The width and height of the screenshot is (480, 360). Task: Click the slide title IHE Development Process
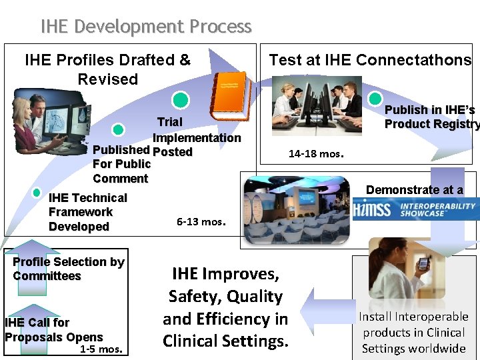[x=146, y=27]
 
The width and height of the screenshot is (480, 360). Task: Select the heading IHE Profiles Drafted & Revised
[x=107, y=69]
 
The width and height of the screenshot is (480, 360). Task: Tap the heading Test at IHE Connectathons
[x=370, y=60]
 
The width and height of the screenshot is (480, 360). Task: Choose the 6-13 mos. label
[x=201, y=221]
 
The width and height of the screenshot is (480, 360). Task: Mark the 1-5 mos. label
[x=101, y=349]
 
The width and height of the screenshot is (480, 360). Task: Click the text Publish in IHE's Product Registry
[x=431, y=117]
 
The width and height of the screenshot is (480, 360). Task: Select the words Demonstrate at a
[x=414, y=190]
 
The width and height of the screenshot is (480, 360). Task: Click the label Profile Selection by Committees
[x=68, y=269]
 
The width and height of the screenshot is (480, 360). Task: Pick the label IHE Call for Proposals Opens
[x=53, y=329]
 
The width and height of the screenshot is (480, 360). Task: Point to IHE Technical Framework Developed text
[x=87, y=212]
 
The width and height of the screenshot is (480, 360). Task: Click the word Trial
[x=169, y=122]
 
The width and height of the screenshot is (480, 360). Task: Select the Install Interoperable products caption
[x=413, y=332]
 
